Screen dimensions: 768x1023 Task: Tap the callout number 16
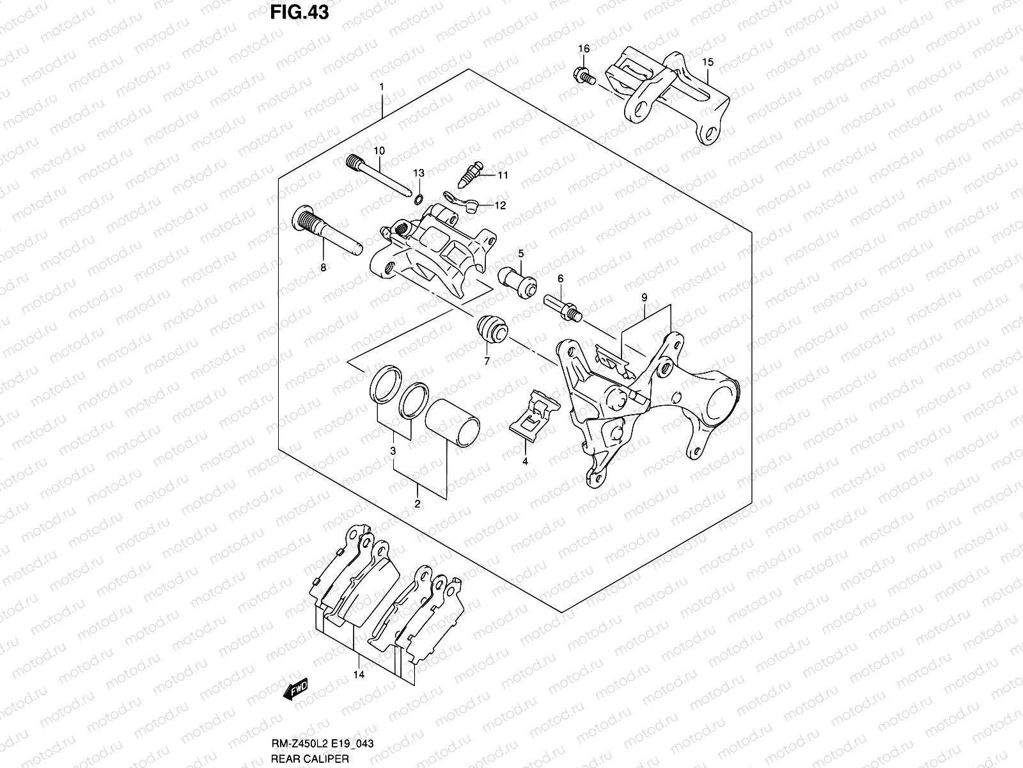pos(584,49)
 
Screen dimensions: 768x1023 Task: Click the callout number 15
pos(707,62)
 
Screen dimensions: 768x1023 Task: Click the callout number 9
pos(644,298)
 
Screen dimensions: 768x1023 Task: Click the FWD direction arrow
pos(296,707)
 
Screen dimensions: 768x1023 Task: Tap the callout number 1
pos(381,86)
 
